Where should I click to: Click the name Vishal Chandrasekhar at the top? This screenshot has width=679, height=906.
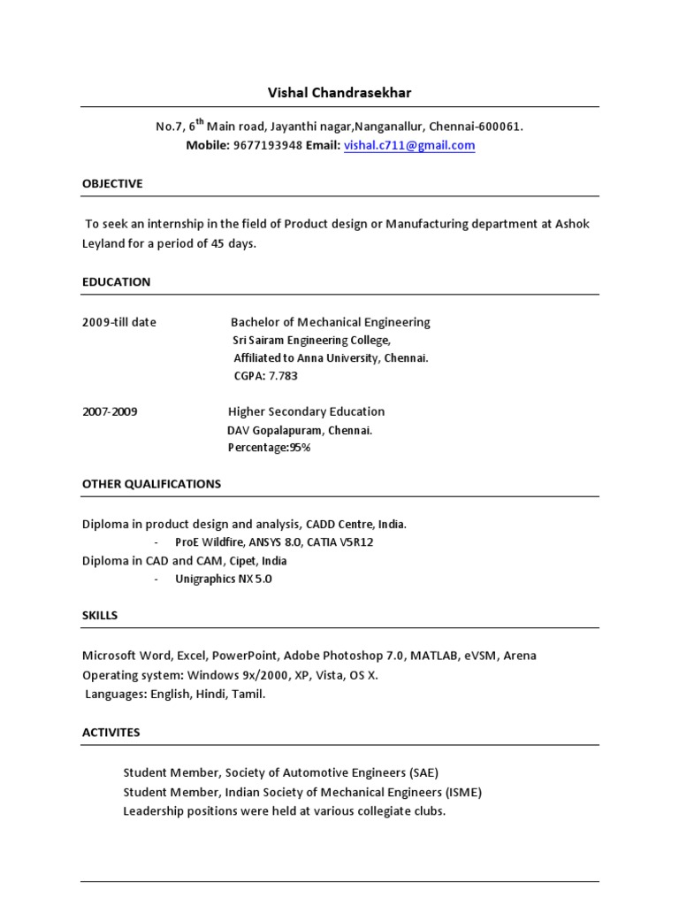click(339, 92)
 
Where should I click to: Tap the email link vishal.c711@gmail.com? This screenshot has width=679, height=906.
click(409, 146)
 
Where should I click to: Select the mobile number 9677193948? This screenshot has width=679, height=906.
click(268, 146)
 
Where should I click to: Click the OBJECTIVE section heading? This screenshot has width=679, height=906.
click(112, 183)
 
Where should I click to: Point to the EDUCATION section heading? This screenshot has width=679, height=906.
click(116, 282)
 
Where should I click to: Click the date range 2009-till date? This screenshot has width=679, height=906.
click(118, 322)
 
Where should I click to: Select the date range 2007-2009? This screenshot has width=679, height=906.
click(110, 411)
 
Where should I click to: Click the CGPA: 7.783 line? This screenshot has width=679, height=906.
click(265, 376)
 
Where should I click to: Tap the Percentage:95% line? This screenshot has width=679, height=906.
click(269, 448)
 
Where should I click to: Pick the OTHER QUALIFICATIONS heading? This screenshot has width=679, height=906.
click(151, 484)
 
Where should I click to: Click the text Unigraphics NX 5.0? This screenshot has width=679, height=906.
click(224, 579)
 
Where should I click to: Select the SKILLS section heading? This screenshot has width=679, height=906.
click(100, 615)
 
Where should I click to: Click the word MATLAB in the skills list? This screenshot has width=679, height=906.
click(433, 656)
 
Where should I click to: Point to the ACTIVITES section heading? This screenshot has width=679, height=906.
click(111, 733)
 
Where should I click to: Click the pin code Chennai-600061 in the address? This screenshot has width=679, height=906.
click(485, 127)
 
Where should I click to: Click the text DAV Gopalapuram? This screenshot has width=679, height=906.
click(275, 430)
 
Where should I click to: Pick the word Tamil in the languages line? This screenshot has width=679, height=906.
click(248, 695)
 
